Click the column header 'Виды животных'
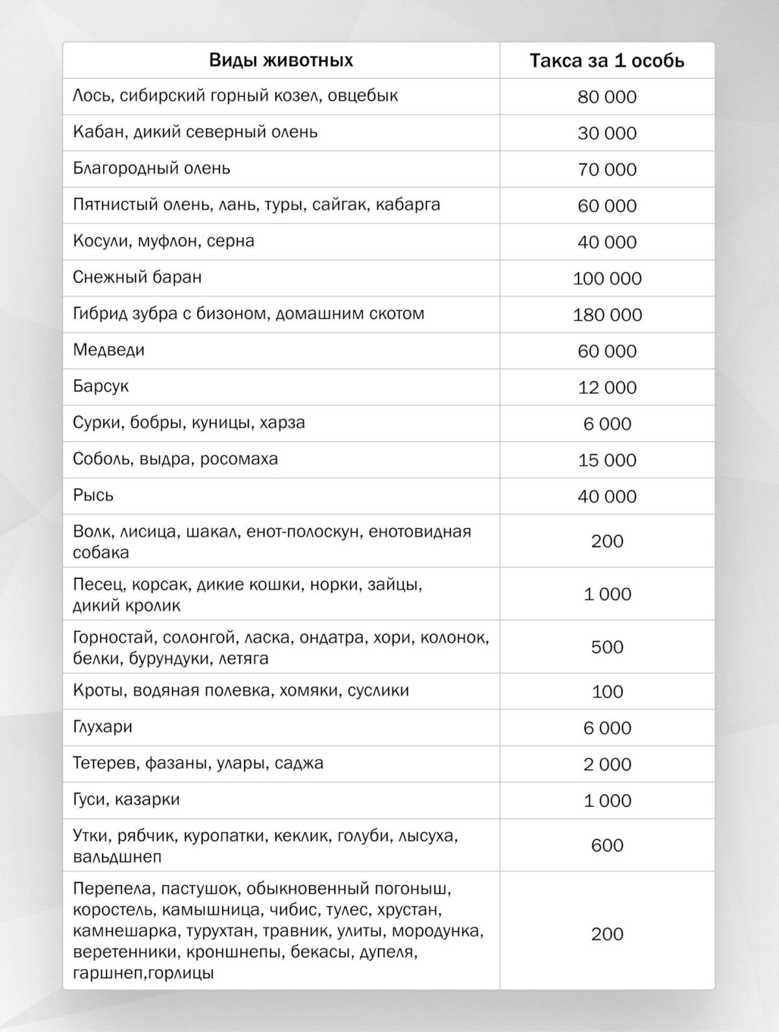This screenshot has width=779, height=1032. click(281, 61)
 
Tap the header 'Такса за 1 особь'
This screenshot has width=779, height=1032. click(607, 61)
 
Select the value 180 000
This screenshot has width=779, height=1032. click(607, 315)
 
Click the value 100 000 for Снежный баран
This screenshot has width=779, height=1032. click(607, 278)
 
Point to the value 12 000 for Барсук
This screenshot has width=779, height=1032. click(607, 387)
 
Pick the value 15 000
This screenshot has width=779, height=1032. click(607, 460)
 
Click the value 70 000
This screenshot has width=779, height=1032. click(607, 169)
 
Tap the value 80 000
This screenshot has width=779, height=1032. click(607, 97)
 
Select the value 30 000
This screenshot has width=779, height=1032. click(607, 133)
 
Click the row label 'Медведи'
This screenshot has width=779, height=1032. click(108, 350)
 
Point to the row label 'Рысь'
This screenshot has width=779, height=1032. click(93, 496)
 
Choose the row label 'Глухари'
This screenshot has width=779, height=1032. click(103, 727)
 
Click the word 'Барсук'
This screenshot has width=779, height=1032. click(101, 387)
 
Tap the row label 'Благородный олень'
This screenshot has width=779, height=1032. click(151, 169)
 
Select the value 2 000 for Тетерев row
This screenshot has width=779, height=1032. click(607, 764)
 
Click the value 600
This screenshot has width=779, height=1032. click(607, 845)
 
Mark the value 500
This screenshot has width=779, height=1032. click(607, 647)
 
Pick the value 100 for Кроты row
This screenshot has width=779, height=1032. click(607, 691)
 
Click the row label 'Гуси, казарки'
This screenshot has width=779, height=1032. click(126, 800)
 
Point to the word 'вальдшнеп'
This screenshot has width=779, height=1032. click(117, 857)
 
